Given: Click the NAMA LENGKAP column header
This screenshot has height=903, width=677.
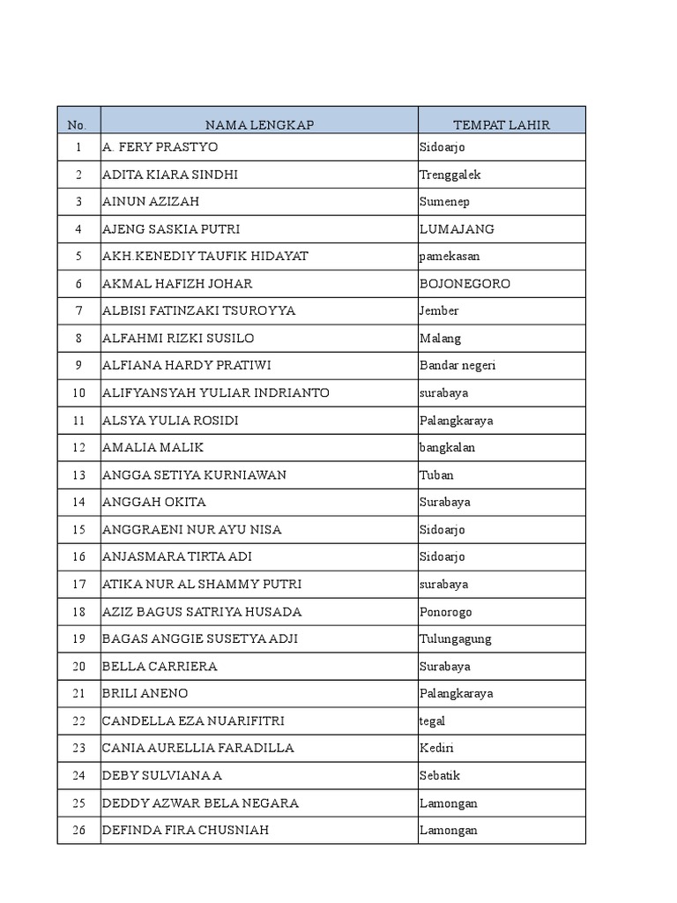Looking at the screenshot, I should coord(259,125).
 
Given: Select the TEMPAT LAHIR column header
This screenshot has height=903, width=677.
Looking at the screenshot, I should coord(501,125).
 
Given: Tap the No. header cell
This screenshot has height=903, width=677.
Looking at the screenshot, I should coord(78,125).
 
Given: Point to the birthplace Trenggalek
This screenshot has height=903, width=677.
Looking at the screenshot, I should coord(450,175).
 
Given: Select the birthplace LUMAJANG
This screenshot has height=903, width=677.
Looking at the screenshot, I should coord(457,229).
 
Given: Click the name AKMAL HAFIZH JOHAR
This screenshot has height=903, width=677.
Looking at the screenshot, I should coord(177,284).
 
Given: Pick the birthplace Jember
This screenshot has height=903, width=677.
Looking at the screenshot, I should coord(439,311).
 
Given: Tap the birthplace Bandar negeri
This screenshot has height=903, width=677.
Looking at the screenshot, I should coord(458,366).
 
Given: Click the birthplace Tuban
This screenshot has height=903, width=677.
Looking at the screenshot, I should coord(436,475).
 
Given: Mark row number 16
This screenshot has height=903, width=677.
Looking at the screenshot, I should coord(78,557).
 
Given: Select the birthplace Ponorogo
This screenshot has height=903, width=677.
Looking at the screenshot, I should coord(446,612).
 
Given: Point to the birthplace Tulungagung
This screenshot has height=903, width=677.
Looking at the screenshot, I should coord(456,639).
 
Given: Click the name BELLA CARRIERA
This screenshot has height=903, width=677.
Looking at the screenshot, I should coord(160,667).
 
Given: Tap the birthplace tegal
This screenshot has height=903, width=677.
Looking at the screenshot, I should coord(432,721).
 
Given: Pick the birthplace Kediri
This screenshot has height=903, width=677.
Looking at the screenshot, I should coord(437,749).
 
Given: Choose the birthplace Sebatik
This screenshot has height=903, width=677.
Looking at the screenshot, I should coord(440,776).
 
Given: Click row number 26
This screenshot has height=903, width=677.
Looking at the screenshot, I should coord(78,831).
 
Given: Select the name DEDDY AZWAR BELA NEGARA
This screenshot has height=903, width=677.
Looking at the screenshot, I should coord(200,803).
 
